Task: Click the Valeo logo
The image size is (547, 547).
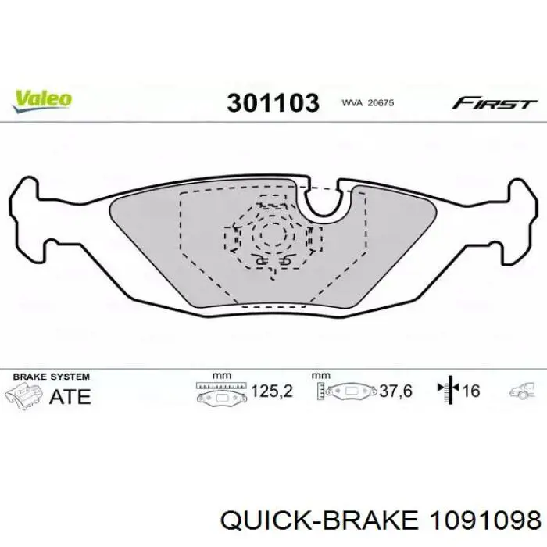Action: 42,101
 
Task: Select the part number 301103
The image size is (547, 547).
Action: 273,103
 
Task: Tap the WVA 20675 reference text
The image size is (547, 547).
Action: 368,103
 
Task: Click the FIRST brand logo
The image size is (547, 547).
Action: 494,104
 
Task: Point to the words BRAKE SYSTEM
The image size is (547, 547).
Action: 52,377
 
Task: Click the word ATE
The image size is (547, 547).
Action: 70,396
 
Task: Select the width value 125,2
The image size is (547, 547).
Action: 272,391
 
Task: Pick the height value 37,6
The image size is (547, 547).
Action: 396,391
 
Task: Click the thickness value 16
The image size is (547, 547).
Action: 471,391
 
